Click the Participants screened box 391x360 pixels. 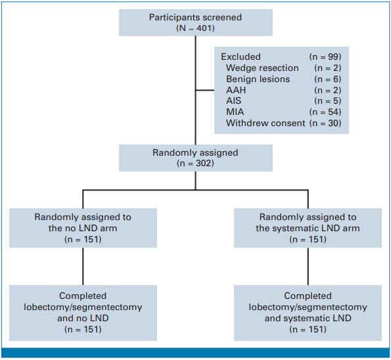pyautogui.click(x=196, y=23)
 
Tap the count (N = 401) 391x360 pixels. pyautogui.click(x=196, y=28)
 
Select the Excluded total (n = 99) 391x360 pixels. pyautogui.click(x=325, y=56)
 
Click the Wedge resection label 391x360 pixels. pyautogui.click(x=262, y=68)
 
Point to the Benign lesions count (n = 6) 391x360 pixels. pyautogui.click(x=328, y=79)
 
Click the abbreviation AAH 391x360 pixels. pyautogui.click(x=236, y=90)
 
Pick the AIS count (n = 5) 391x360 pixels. pyautogui.click(x=328, y=101)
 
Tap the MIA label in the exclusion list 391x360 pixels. pyautogui.click(x=235, y=112)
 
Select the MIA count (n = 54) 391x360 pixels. pyautogui.click(x=325, y=112)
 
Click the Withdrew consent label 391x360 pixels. pyautogui.click(x=265, y=123)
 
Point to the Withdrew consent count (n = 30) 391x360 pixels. pyautogui.click(x=325, y=123)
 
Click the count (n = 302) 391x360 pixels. pyautogui.click(x=196, y=164)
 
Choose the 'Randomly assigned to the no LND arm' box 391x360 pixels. pyautogui.click(x=83, y=228)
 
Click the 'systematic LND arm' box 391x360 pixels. pyautogui.click(x=308, y=228)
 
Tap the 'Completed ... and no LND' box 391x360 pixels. pyautogui.click(x=83, y=313)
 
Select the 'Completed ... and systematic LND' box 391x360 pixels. pyautogui.click(x=308, y=313)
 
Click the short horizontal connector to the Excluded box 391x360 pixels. pyautogui.click(x=205, y=90)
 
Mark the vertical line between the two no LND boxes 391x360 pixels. pyautogui.click(x=83, y=266)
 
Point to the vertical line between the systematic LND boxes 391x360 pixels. pyautogui.click(x=308, y=266)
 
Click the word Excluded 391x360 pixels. pyautogui.click(x=241, y=56)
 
